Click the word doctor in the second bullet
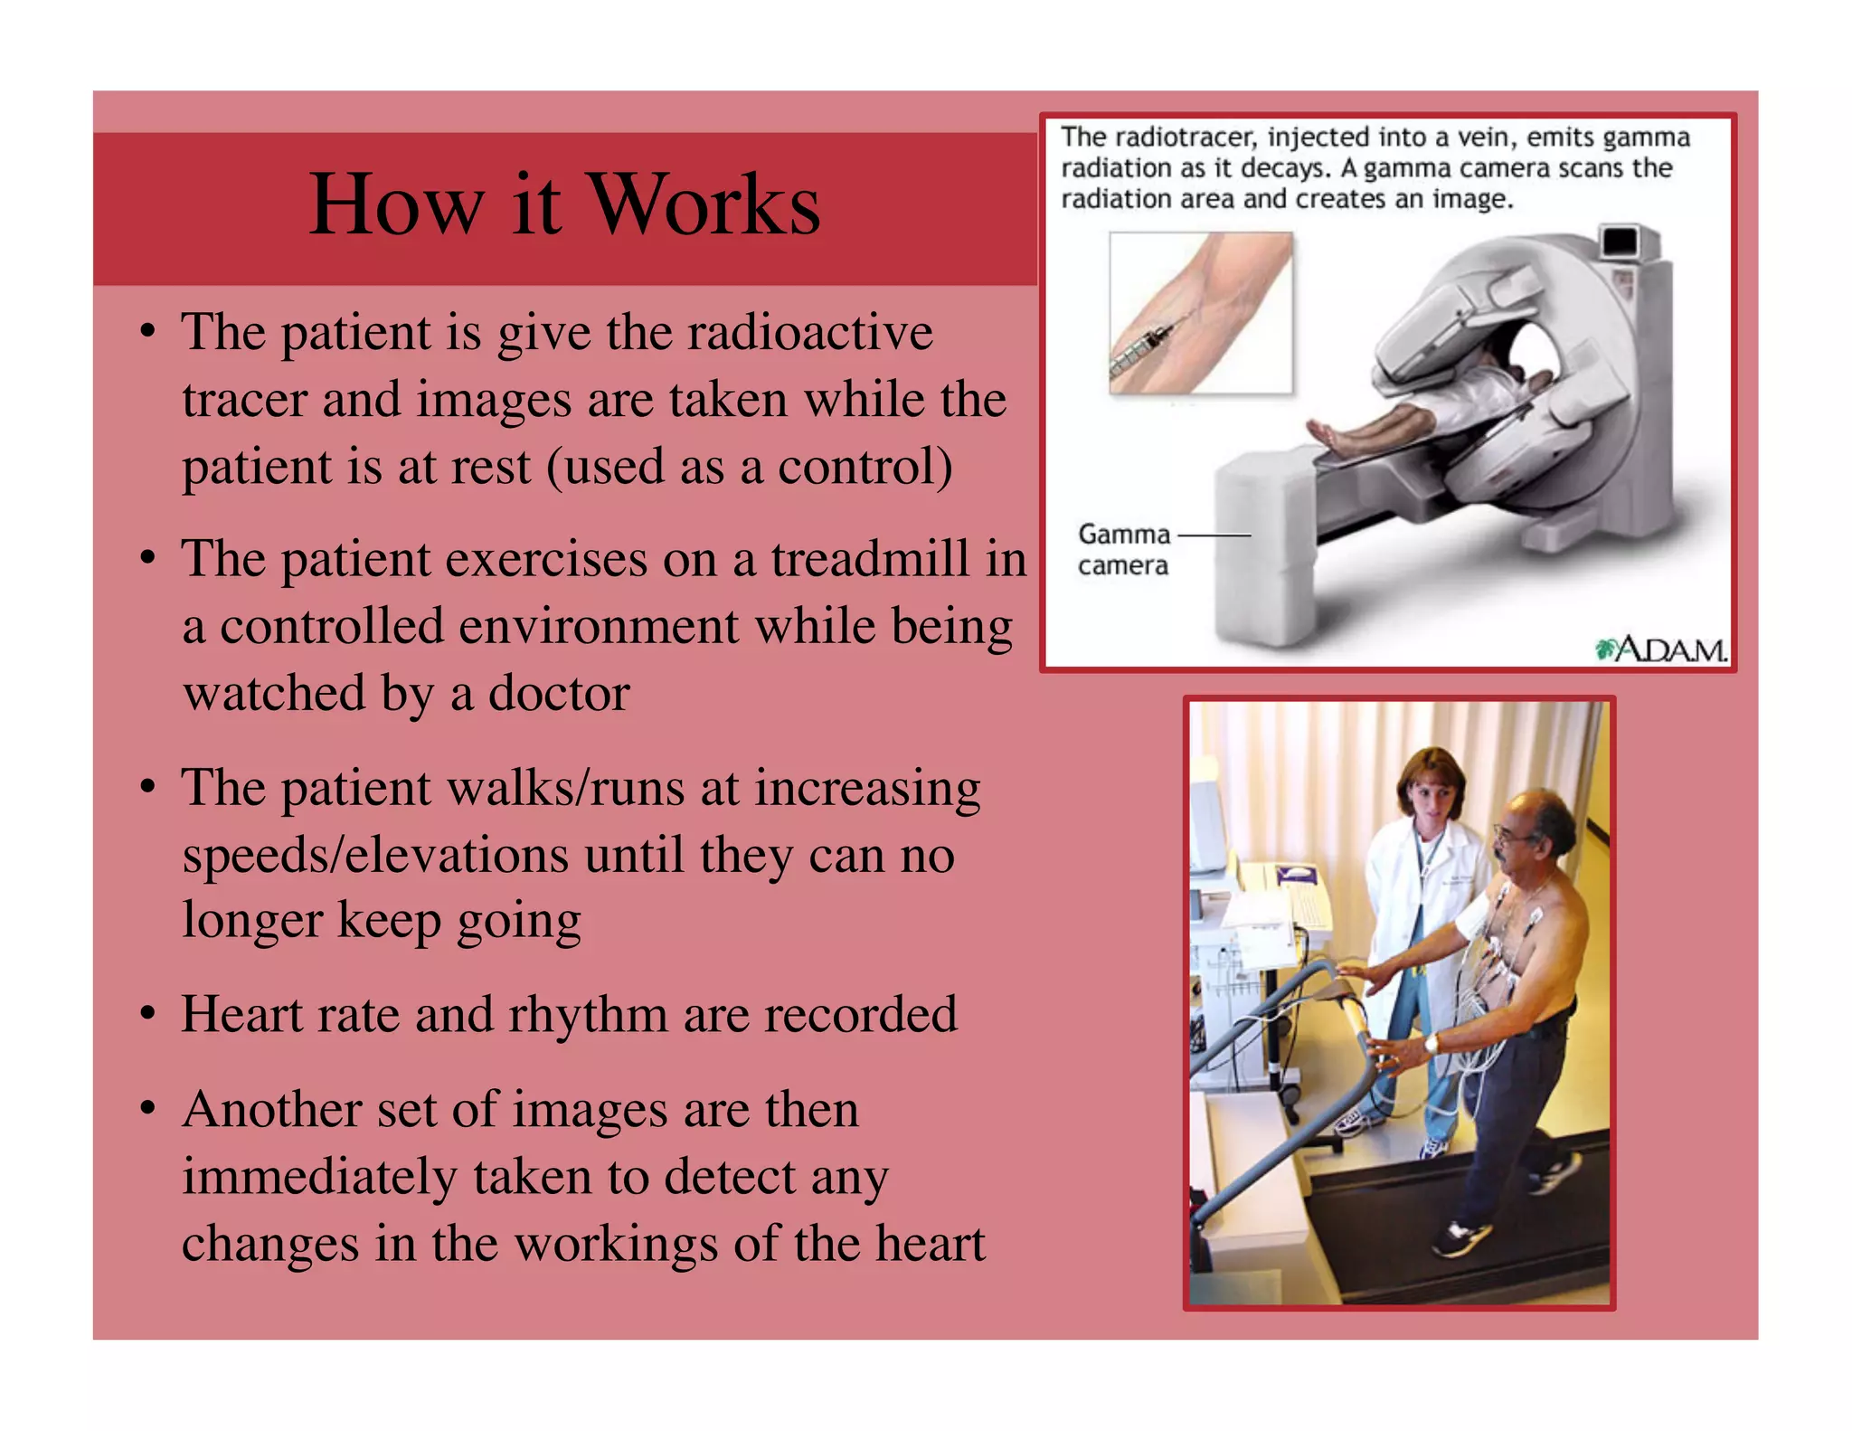click(x=558, y=694)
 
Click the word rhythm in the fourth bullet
click(x=588, y=1014)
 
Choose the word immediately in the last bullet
click(x=319, y=1177)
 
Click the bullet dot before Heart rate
click(x=148, y=1014)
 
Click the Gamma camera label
click(x=1123, y=549)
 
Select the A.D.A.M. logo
click(x=1661, y=649)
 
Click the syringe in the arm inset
click(x=1144, y=347)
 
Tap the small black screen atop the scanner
click(x=1619, y=242)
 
